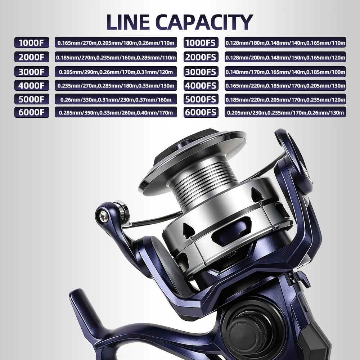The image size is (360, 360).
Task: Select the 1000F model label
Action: (32, 42)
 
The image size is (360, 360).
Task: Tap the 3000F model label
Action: (32, 72)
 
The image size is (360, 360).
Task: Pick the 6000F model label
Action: (32, 112)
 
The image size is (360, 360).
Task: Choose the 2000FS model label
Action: (201, 57)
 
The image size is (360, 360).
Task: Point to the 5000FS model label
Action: (201, 99)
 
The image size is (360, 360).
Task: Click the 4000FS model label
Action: (201, 85)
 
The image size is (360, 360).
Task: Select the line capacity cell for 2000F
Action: (116, 57)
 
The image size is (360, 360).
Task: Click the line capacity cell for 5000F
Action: (116, 99)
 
